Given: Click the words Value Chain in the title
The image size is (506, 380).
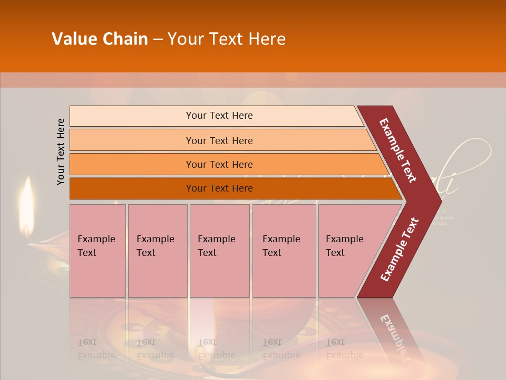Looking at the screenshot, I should point(100,39).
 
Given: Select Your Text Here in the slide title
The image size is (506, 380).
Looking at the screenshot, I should point(227,39).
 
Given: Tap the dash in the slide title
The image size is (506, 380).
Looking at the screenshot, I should point(158,40).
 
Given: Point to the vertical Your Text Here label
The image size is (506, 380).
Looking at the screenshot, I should point(61,151).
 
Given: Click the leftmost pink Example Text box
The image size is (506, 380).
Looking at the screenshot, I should point(98,250).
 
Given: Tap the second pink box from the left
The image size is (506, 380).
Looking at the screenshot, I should point(157,250).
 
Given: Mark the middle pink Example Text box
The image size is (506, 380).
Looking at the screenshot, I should point(219,250).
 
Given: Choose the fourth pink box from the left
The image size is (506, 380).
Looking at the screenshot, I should point(284,250).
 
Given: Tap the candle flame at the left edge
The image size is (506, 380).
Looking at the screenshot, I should point(26,203).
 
